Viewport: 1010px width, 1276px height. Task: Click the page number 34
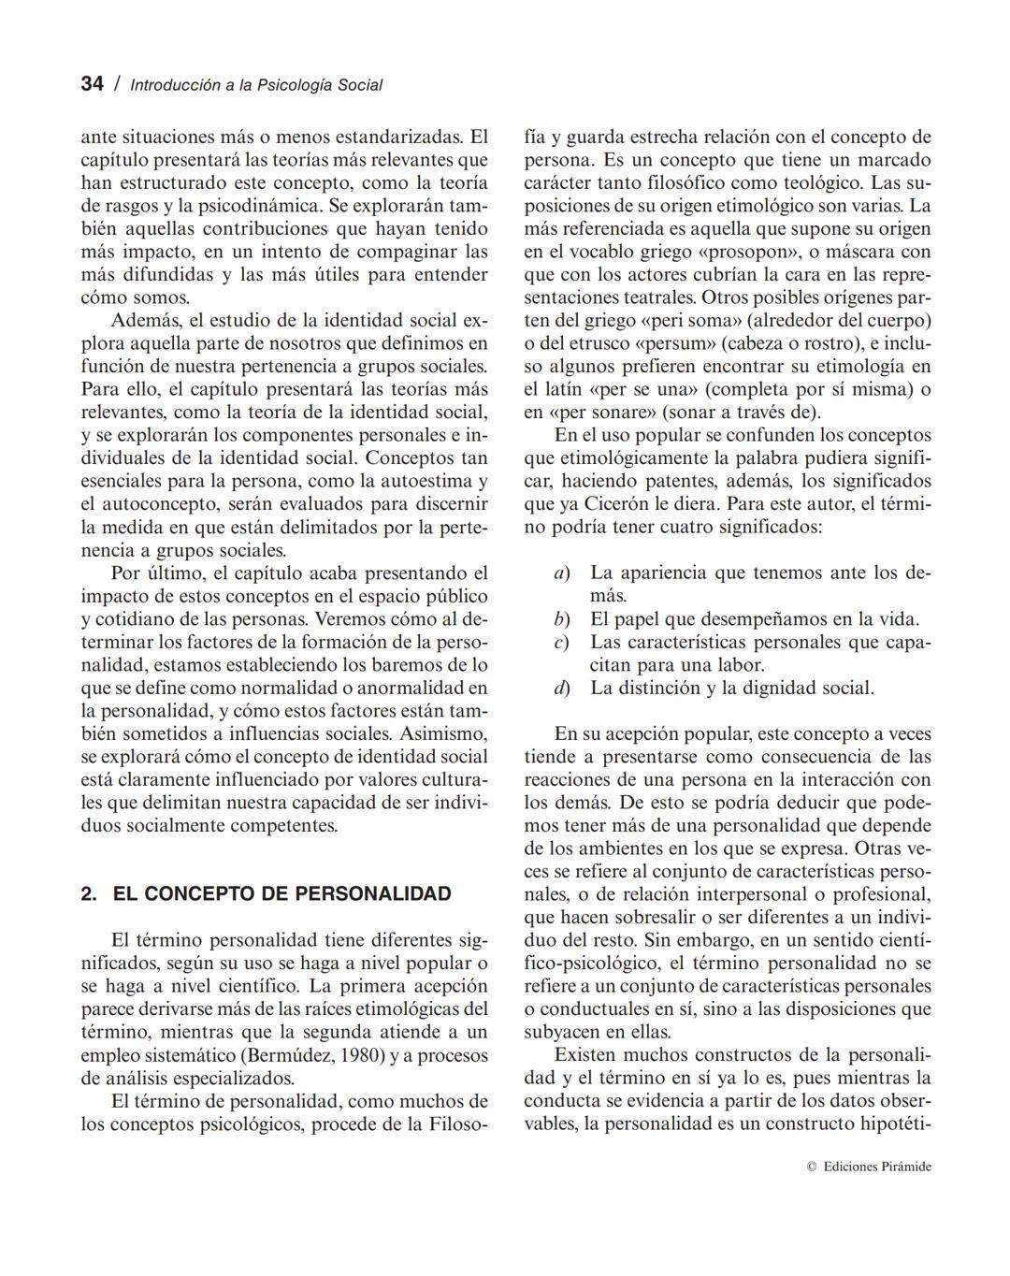click(92, 84)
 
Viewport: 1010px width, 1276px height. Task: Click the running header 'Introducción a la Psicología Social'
click(256, 85)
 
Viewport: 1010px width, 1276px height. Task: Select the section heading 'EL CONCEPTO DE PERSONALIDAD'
click(281, 893)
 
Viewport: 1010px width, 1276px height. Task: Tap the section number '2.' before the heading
click(89, 893)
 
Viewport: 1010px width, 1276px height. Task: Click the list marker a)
click(562, 573)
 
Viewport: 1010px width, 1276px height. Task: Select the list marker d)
click(562, 689)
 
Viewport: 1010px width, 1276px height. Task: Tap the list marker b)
click(562, 619)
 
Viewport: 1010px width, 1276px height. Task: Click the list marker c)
click(562, 643)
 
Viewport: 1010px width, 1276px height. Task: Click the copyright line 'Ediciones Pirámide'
click(876, 1167)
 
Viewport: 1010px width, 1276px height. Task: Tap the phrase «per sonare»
click(600, 413)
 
